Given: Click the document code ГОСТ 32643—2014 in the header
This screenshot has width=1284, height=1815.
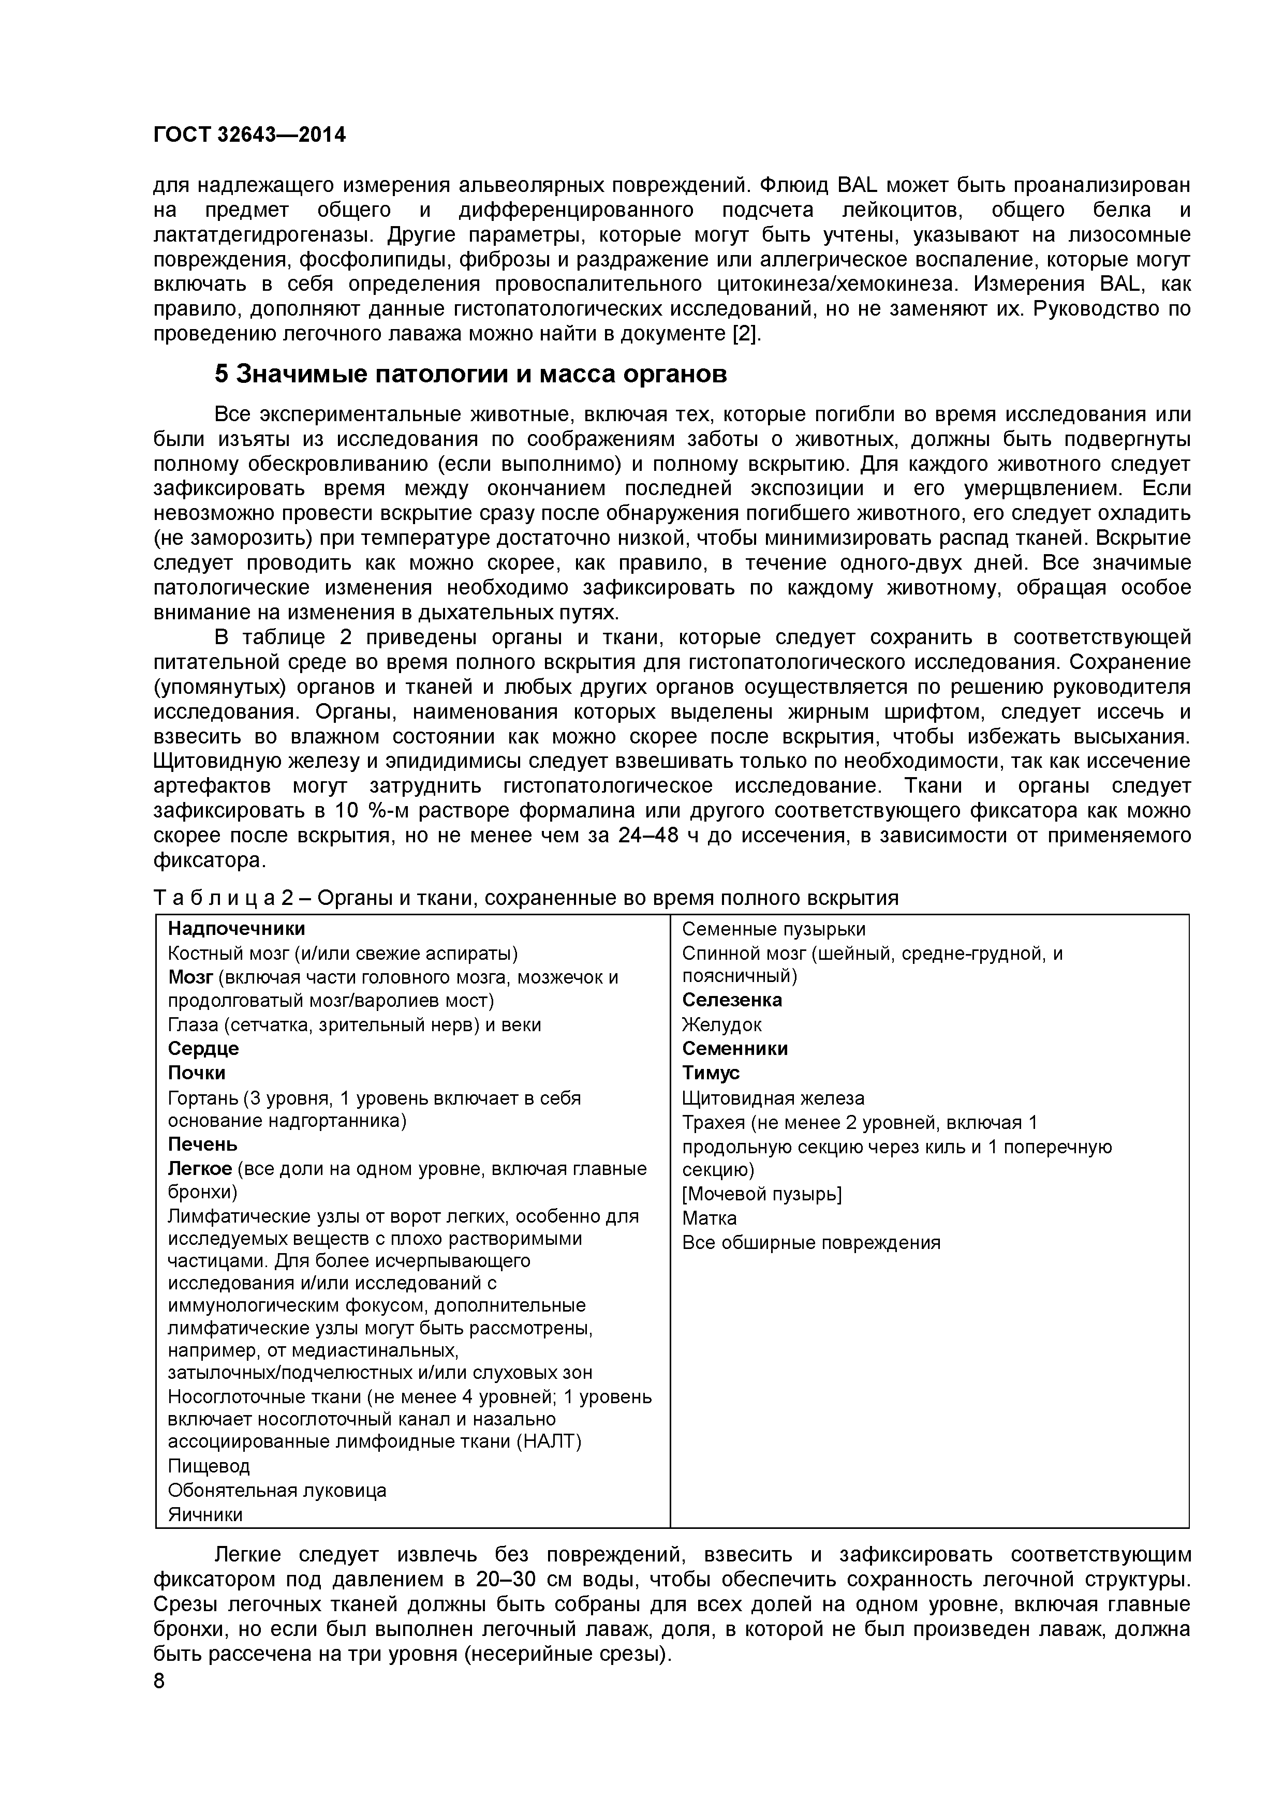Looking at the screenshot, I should pos(249,135).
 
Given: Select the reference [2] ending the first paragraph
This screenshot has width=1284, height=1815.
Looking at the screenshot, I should pos(746,334).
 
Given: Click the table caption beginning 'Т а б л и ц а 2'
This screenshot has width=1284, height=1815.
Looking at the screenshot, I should pos(526,898).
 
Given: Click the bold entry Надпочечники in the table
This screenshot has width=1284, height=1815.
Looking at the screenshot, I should pos(237,928).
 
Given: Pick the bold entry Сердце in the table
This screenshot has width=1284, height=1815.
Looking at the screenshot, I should pos(203,1048).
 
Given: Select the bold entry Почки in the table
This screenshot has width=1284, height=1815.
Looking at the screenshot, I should pos(197,1073).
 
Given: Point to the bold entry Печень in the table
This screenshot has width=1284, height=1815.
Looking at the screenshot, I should pos(202,1144).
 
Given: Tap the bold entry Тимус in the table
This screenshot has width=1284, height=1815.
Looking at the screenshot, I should pos(711,1073).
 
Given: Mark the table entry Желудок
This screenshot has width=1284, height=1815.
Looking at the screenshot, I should pos(722,1024).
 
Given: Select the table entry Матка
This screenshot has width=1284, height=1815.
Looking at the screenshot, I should pos(709,1218).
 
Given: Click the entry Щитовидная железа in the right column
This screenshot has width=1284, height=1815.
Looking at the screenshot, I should pos(773,1098).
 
